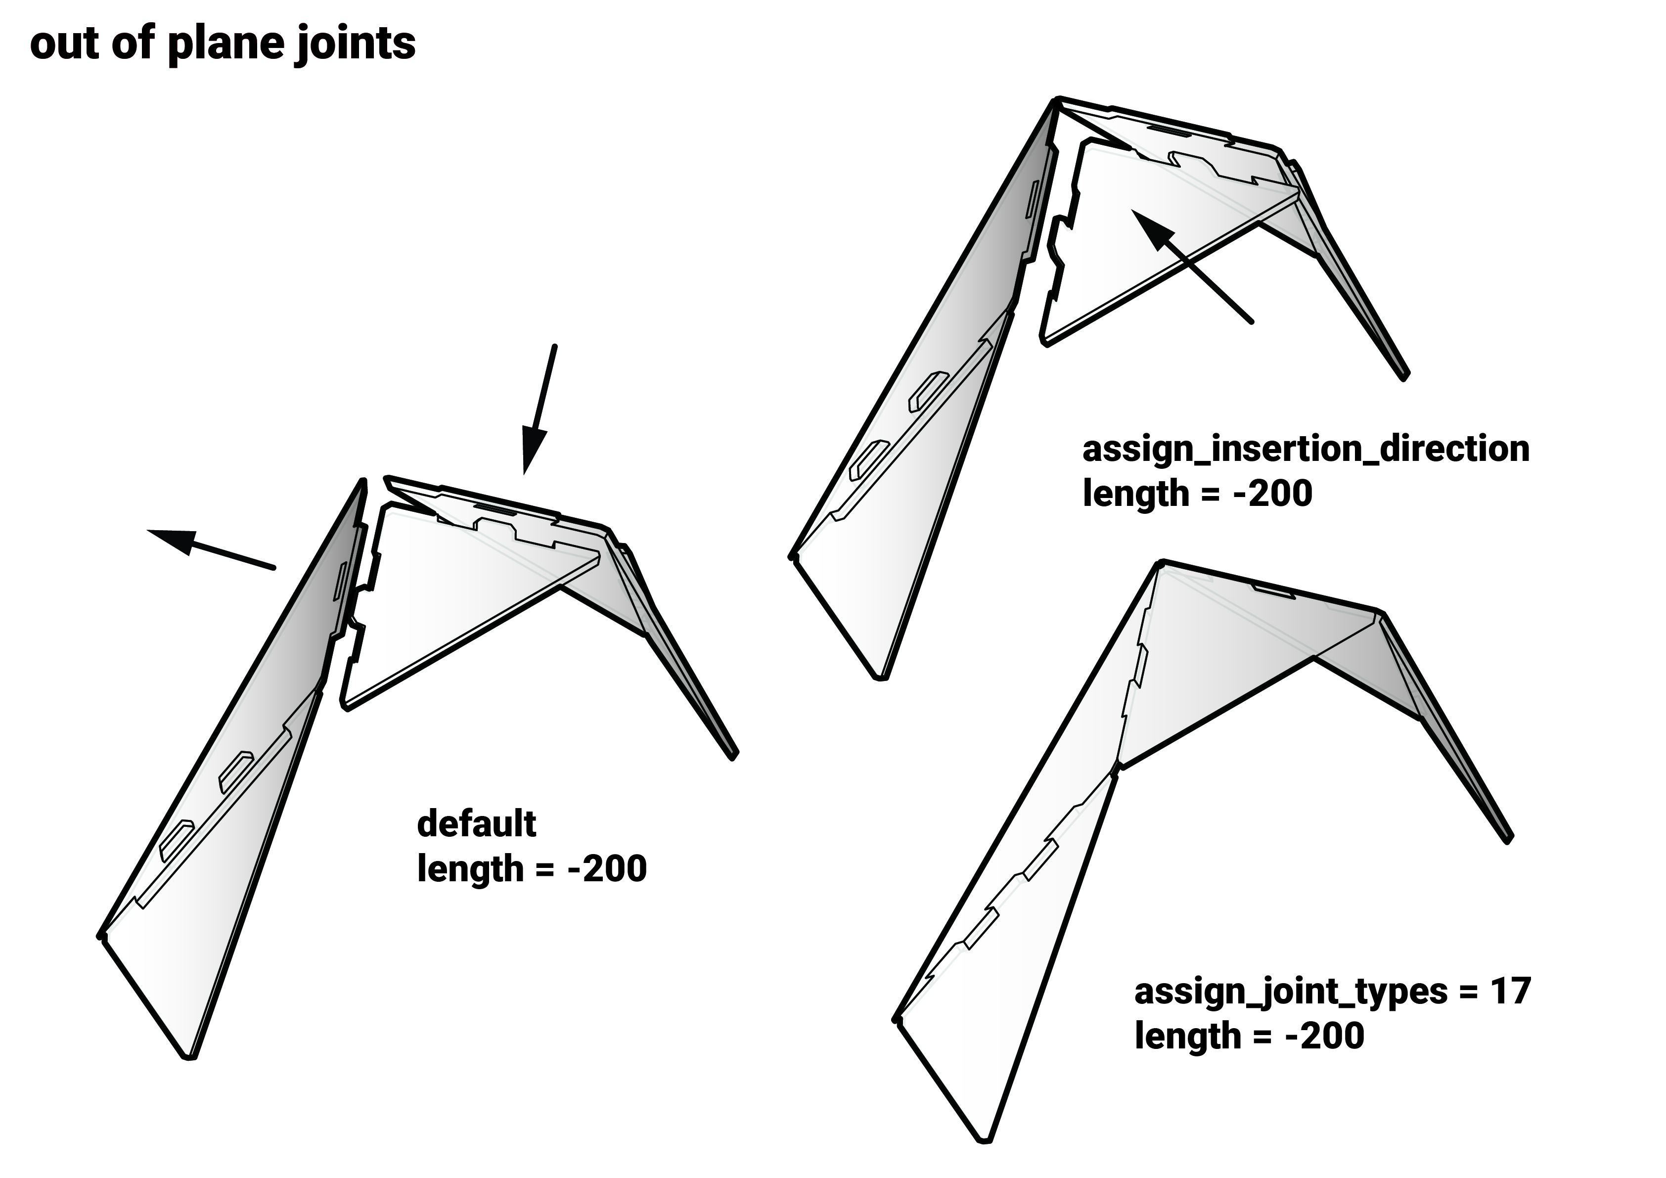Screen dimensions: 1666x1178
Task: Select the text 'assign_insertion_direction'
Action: point(1306,450)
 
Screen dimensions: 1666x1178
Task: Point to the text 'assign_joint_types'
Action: point(1292,993)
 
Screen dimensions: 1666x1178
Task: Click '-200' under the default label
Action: point(607,869)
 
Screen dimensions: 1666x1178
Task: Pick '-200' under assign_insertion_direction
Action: point(1273,494)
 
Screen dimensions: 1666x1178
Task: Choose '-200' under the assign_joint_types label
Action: point(1325,1036)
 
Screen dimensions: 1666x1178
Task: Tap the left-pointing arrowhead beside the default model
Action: point(172,539)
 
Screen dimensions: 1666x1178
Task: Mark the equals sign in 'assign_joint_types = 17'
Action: point(1469,992)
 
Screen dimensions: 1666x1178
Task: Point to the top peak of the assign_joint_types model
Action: point(1162,562)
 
